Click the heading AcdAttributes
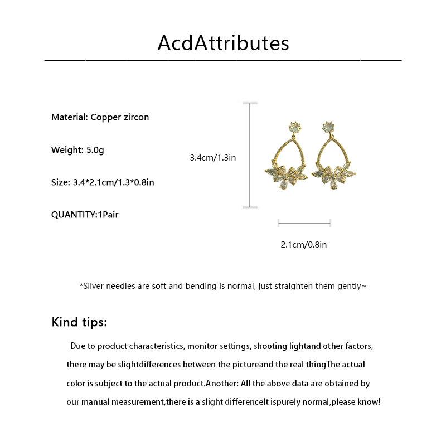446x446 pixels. point(223,43)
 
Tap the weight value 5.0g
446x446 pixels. point(95,149)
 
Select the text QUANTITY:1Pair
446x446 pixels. point(85,215)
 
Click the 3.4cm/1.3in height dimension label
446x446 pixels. point(212,158)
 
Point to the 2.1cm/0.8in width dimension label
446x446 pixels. point(303,244)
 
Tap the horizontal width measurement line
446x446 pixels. point(304,223)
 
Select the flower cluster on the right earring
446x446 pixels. point(333,175)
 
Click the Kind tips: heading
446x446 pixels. point(79,322)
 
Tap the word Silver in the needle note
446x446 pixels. point(95,286)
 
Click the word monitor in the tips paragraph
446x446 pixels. point(203,346)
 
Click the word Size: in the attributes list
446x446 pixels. point(61,182)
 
